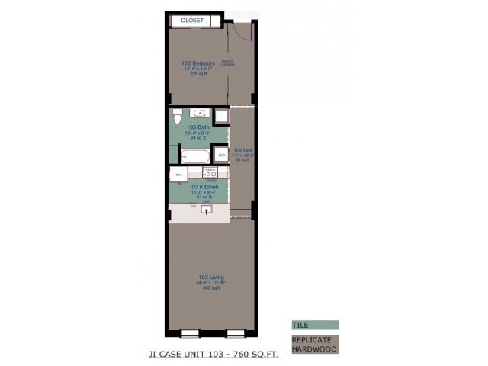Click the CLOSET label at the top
[192, 21]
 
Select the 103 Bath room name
[197, 127]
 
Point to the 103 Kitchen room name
[204, 186]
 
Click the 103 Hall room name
[242, 150]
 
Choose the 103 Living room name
[210, 277]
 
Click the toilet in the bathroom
[177, 117]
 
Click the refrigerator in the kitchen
[177, 175]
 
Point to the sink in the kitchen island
[206, 210]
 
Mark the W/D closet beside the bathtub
[221, 156]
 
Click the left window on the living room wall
[191, 332]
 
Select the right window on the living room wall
[236, 332]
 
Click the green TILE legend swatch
[314, 325]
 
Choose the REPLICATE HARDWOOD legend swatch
[314, 344]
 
